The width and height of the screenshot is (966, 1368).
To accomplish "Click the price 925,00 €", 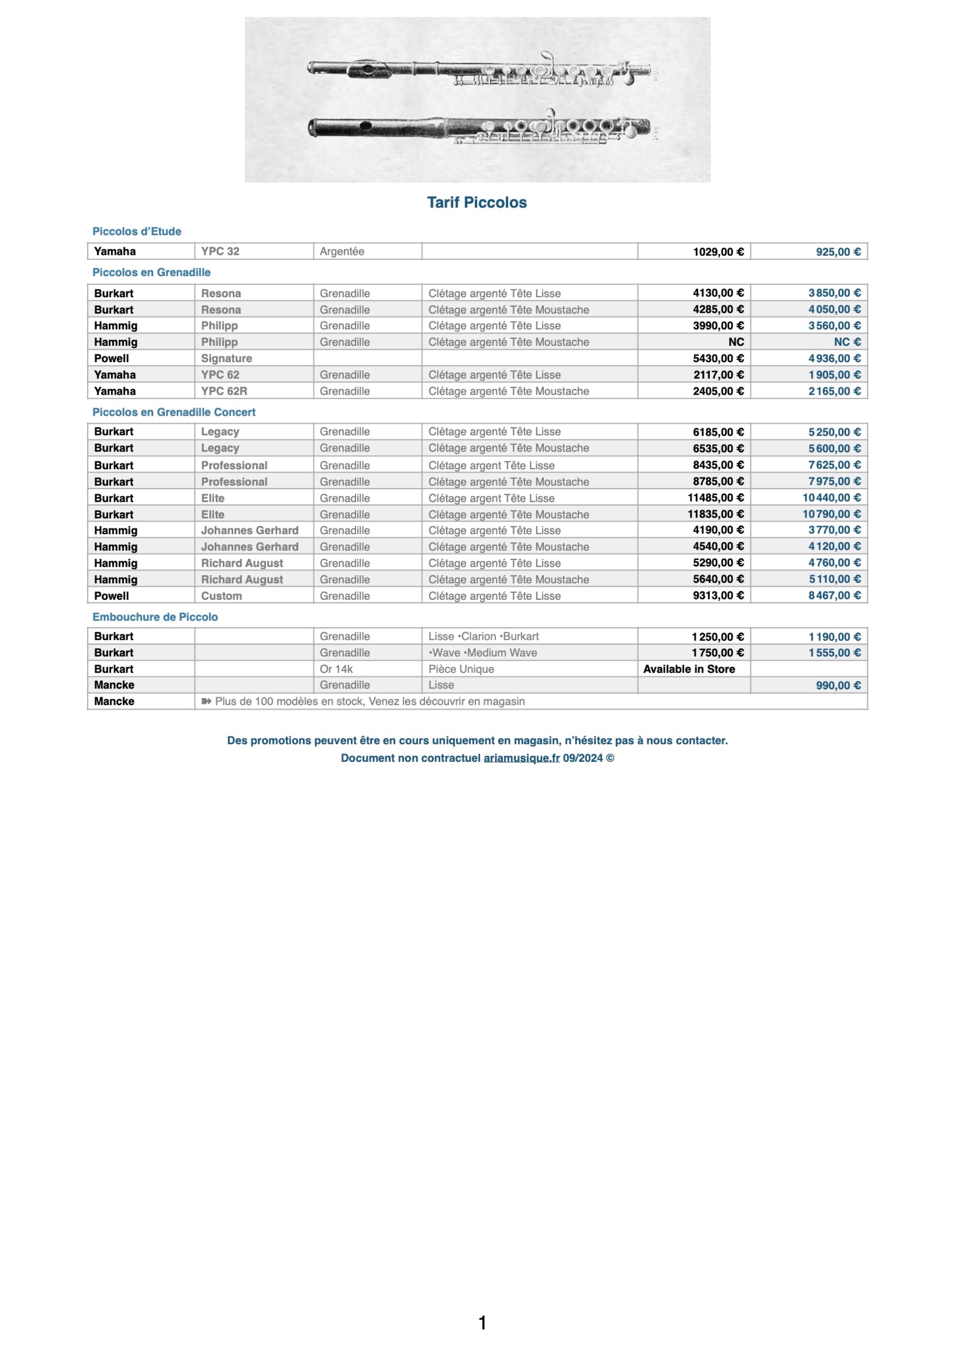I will pos(838,252).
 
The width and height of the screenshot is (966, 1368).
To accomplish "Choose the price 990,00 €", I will pos(838,686).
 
